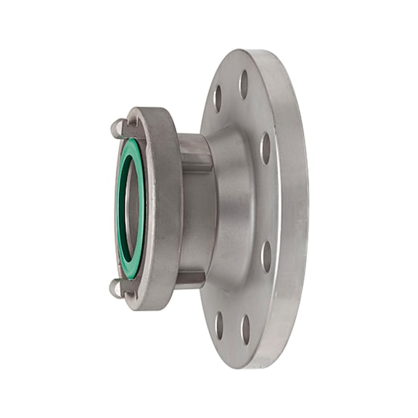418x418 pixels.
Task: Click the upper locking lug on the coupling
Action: pyautogui.click(x=118, y=128)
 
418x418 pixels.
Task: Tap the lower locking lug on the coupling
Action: pyautogui.click(x=116, y=288)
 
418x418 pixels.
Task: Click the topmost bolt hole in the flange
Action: pyautogui.click(x=244, y=84)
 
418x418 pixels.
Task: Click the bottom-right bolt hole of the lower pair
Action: pyautogui.click(x=245, y=329)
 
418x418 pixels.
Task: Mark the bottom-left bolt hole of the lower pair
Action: pyautogui.click(x=219, y=326)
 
